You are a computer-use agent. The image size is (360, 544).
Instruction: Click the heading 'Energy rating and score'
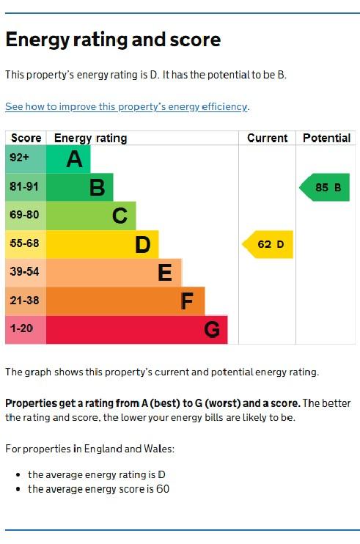(x=113, y=40)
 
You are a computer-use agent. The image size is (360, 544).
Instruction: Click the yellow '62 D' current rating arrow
(x=268, y=244)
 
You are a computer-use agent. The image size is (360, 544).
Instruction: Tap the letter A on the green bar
(x=74, y=159)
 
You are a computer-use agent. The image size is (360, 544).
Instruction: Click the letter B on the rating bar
(x=97, y=188)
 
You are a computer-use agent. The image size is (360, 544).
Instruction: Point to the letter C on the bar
(x=120, y=216)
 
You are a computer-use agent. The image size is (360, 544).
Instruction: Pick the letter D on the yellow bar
(x=142, y=244)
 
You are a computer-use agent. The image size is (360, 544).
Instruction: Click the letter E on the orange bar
(x=165, y=273)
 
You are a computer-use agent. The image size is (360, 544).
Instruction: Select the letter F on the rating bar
(x=188, y=301)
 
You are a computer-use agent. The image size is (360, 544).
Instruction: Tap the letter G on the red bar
(x=211, y=330)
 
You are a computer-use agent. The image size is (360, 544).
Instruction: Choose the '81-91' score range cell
(x=24, y=187)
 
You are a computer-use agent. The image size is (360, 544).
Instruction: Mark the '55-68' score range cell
(x=24, y=243)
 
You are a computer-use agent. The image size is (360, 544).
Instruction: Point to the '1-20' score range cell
(x=21, y=328)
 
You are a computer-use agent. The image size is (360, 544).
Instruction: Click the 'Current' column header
(x=267, y=138)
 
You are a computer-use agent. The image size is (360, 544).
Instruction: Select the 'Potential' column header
(x=326, y=138)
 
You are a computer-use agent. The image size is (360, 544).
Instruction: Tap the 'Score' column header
(x=26, y=138)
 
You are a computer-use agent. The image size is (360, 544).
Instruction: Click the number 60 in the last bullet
(x=162, y=489)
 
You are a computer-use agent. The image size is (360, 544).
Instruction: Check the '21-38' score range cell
(x=24, y=300)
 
